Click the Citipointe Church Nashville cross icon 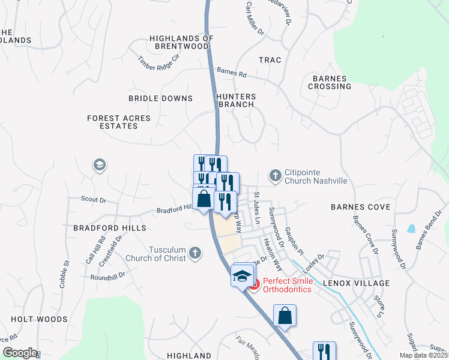276,175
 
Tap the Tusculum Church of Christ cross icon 194,253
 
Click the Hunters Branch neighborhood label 237,100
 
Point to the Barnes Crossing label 330,82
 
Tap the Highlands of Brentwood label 181,42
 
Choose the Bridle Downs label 160,98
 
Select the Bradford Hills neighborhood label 109,229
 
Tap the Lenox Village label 356,283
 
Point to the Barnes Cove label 360,207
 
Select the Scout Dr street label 93,199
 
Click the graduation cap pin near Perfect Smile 241,276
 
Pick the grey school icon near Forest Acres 99,164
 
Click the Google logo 20,353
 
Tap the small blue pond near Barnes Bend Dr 411,229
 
